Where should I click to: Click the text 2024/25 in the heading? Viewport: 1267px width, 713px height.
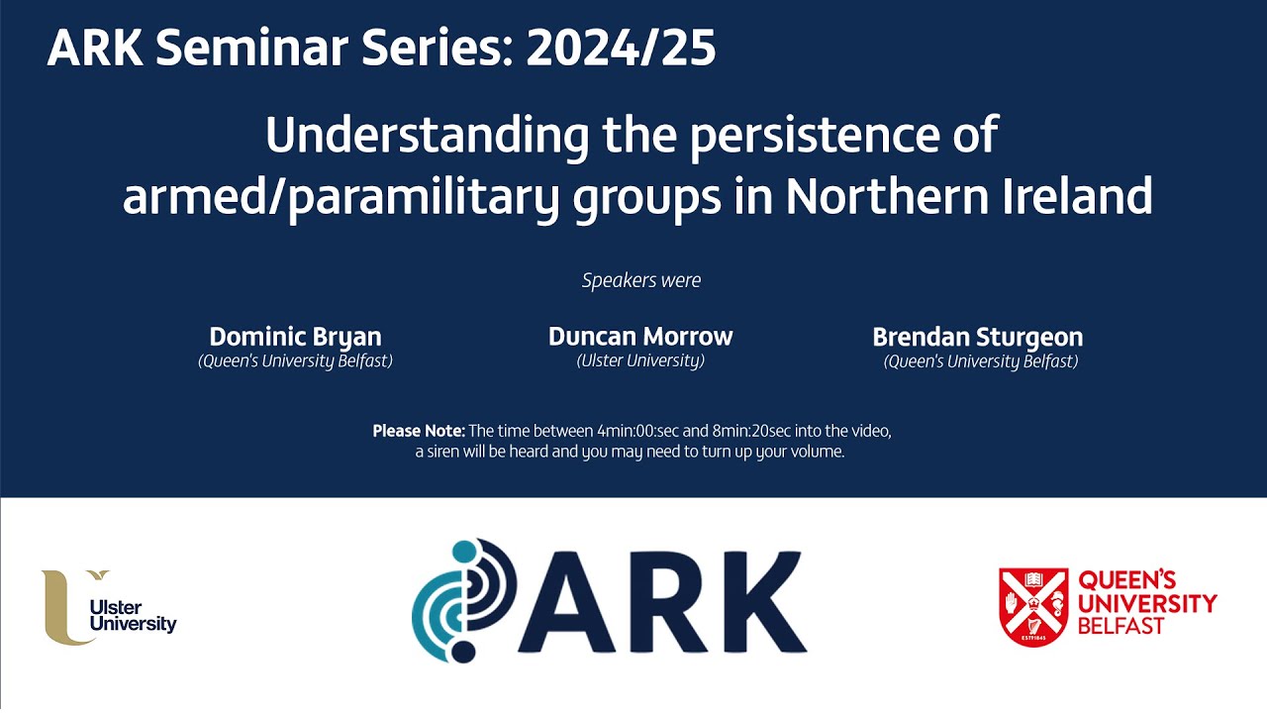pos(621,49)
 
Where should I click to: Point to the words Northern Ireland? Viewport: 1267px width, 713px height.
pos(969,196)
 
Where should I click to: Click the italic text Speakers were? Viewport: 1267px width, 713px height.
pos(641,280)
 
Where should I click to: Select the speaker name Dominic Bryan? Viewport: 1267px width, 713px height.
pos(295,337)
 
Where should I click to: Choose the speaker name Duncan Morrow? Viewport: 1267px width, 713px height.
pos(640,337)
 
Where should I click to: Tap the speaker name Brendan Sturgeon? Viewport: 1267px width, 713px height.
pos(977,337)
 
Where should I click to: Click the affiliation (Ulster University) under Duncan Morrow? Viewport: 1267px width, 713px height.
pos(640,360)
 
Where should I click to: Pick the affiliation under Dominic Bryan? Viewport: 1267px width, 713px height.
pos(295,360)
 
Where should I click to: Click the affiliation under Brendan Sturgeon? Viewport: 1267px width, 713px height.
pos(980,361)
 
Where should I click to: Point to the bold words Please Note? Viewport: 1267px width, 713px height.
pos(418,431)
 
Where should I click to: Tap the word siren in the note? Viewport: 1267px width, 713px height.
pos(445,453)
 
